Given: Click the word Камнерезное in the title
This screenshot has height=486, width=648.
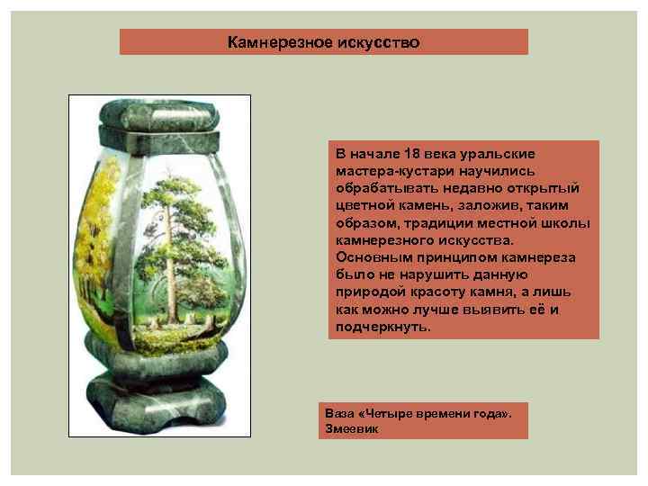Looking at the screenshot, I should coord(277,42).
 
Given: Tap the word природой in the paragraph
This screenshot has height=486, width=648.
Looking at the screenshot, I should coord(367,292).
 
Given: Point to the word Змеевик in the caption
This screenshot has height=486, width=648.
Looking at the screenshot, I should coord(352,429).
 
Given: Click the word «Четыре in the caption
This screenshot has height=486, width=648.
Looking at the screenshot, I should coord(385,413).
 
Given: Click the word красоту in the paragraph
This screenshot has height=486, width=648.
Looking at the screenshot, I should coord(430,292).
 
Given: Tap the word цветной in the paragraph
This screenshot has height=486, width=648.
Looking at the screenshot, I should coord(363,205).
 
